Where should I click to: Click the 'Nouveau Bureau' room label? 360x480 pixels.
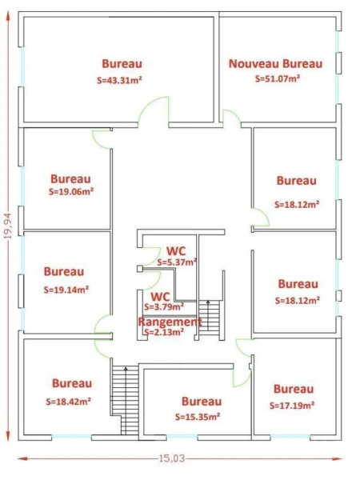click(x=275, y=64)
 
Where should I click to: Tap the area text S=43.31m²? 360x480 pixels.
click(x=119, y=80)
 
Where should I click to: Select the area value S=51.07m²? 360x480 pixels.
click(x=278, y=78)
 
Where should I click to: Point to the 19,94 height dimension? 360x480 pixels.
click(x=8, y=226)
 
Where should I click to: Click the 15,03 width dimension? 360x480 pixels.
click(x=172, y=458)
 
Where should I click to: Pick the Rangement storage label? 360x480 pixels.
click(x=170, y=322)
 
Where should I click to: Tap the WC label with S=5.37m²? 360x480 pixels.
click(x=176, y=251)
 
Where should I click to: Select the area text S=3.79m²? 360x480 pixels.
click(x=164, y=306)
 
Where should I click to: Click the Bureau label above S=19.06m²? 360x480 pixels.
click(x=70, y=178)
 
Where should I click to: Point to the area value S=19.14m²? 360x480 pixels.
click(x=66, y=290)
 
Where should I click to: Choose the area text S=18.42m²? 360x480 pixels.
click(x=69, y=402)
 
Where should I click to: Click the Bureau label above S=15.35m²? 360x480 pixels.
click(x=202, y=402)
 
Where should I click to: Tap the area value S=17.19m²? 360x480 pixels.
click(x=292, y=406)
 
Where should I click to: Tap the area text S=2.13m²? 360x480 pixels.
click(x=164, y=332)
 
